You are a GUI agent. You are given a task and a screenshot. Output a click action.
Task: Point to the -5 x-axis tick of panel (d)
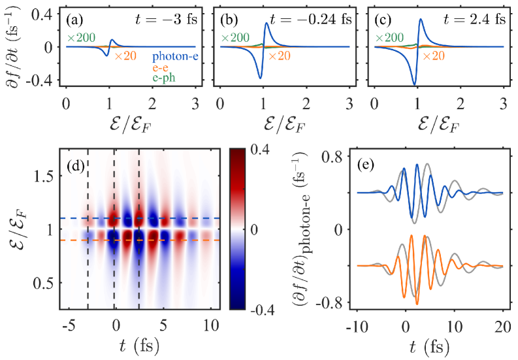67,324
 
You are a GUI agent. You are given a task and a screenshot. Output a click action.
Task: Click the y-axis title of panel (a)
12,47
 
